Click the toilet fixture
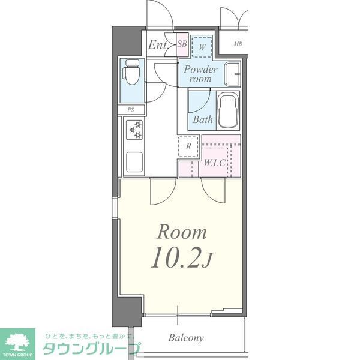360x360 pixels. tap(130, 74)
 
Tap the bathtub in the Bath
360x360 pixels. tap(228, 110)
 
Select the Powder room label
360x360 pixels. tap(200, 73)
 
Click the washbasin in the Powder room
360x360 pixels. tap(232, 74)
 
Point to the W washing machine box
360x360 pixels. tap(202, 46)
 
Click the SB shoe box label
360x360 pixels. tap(182, 44)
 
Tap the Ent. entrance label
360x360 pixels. tap(158, 44)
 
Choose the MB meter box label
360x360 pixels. tap(238, 44)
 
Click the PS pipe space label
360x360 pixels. tap(131, 109)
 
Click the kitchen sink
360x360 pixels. tap(134, 161)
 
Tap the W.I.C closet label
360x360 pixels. tap(214, 163)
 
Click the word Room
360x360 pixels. tap(182, 232)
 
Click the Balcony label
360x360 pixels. tap(186, 337)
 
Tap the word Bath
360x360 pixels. tap(203, 119)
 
